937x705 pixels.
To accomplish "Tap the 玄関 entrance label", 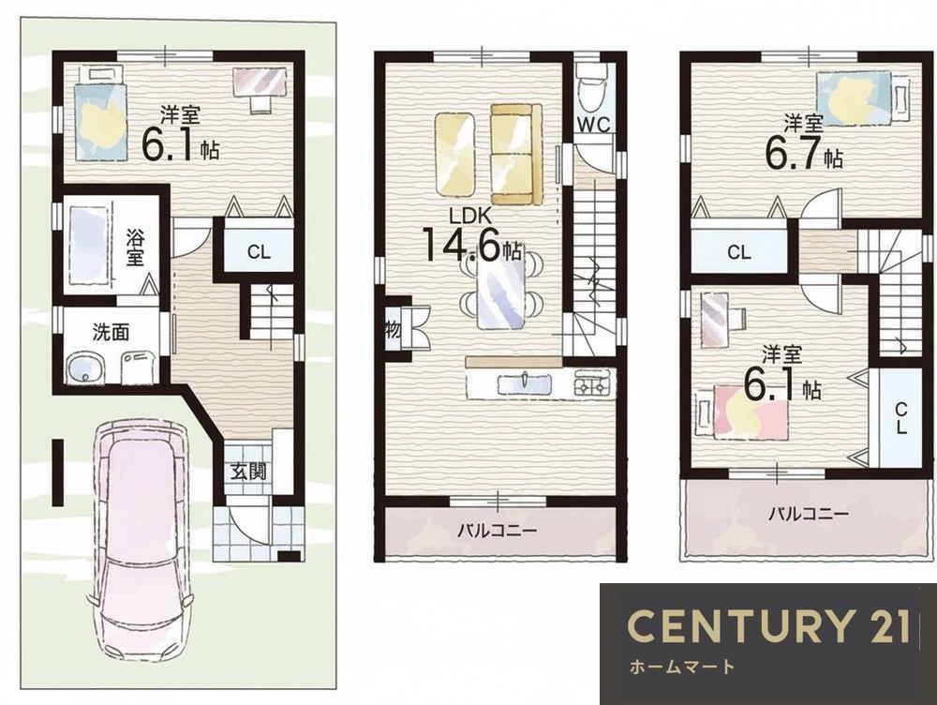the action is point(248,472).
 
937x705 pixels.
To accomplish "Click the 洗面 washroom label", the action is point(112,332).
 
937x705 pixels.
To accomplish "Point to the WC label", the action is point(593,125).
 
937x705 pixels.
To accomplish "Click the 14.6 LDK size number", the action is point(462,244).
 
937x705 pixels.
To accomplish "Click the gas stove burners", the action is point(594,382).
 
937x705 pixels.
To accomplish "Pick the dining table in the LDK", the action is point(501,290).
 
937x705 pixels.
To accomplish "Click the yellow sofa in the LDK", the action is point(516,154).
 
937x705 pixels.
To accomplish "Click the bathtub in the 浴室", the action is point(89,246).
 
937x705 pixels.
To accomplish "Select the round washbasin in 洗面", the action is point(84,369).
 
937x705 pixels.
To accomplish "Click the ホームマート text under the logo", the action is point(682,667).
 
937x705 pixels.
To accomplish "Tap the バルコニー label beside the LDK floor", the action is point(498,530).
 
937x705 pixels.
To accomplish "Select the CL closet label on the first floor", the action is point(259,252).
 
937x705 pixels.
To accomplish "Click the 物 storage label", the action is point(393,328).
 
